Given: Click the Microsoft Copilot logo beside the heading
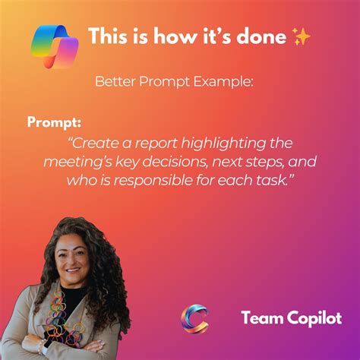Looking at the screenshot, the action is tap(55, 46).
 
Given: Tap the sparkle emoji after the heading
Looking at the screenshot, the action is tap(301, 36).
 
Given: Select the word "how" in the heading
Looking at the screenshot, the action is tap(175, 36).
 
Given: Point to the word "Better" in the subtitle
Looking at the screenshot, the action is tap(115, 81).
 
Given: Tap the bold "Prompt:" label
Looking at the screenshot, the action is tap(54, 122).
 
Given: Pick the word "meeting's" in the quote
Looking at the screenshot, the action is tap(77, 162).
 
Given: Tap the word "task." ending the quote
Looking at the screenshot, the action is tap(275, 180).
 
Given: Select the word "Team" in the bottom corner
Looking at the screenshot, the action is tap(262, 317).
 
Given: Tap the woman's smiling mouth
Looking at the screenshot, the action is tap(74, 270).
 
